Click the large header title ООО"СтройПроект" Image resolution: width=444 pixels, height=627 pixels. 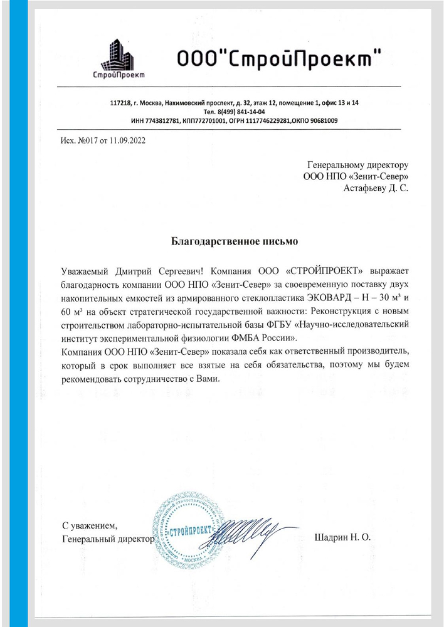click(x=278, y=58)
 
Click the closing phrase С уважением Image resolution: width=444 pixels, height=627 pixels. click(x=90, y=525)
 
